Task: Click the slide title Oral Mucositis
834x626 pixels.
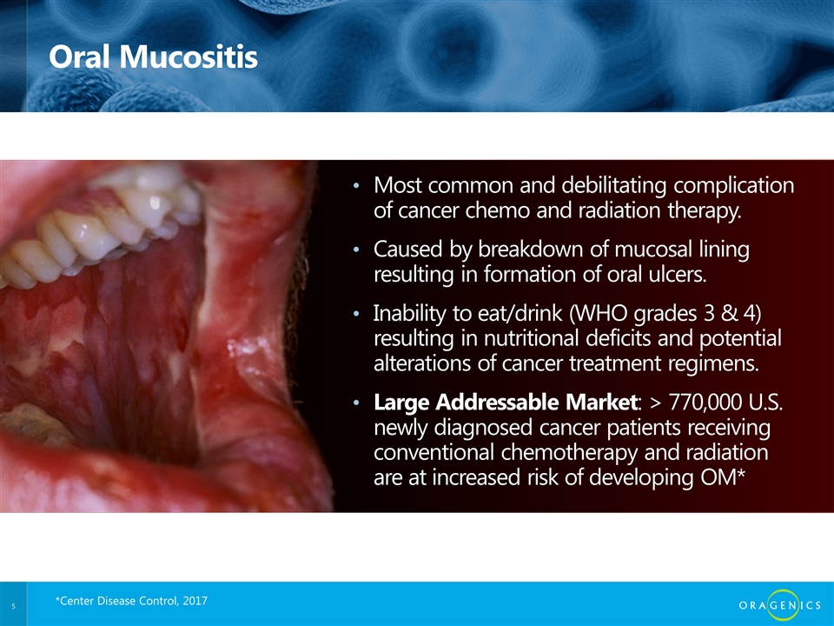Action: (153, 57)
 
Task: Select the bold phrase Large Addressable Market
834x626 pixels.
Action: (506, 403)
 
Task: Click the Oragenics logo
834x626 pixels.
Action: (780, 605)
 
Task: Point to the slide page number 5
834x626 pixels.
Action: (13, 606)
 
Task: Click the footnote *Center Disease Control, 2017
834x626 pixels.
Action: (131, 601)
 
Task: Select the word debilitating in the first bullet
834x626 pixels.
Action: (614, 185)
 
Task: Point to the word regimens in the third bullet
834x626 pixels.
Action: (717, 363)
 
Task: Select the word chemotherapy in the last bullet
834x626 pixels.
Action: (569, 452)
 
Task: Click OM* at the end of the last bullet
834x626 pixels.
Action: (722, 477)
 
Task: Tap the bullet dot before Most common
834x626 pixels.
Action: (356, 186)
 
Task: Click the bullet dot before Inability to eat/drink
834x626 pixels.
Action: (356, 314)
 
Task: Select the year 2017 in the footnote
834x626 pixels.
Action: (195, 601)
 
